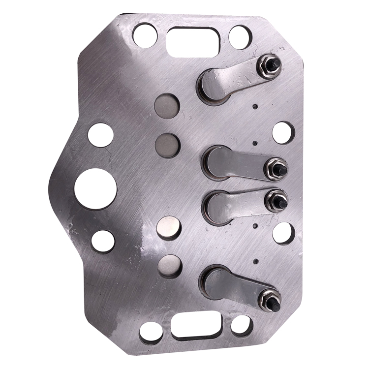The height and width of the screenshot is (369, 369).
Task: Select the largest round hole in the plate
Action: (95, 189)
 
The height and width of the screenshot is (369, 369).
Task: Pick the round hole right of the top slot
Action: (241, 36)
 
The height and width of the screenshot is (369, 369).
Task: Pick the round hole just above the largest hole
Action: (100, 134)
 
